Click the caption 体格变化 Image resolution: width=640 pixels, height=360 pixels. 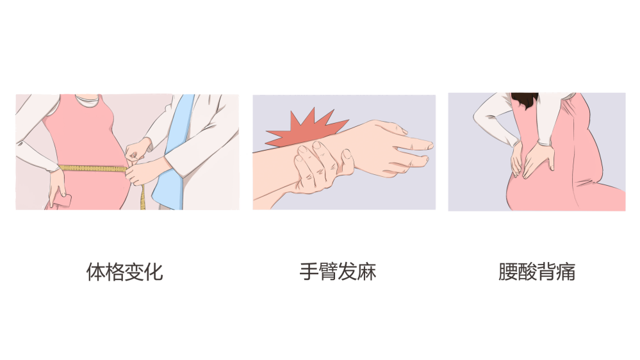[x=124, y=272]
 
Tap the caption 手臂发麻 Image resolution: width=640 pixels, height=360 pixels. [x=338, y=272]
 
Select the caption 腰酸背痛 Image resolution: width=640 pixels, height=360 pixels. [x=537, y=272]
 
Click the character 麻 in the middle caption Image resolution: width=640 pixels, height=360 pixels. [x=366, y=272]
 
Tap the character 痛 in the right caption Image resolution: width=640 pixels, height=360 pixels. [x=566, y=272]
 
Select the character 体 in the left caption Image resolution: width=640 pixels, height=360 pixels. [x=95, y=272]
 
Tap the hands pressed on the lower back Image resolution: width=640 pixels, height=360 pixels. [x=532, y=160]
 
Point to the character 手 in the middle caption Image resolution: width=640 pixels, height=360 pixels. [x=309, y=272]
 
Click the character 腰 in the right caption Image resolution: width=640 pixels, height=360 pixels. [x=508, y=272]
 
